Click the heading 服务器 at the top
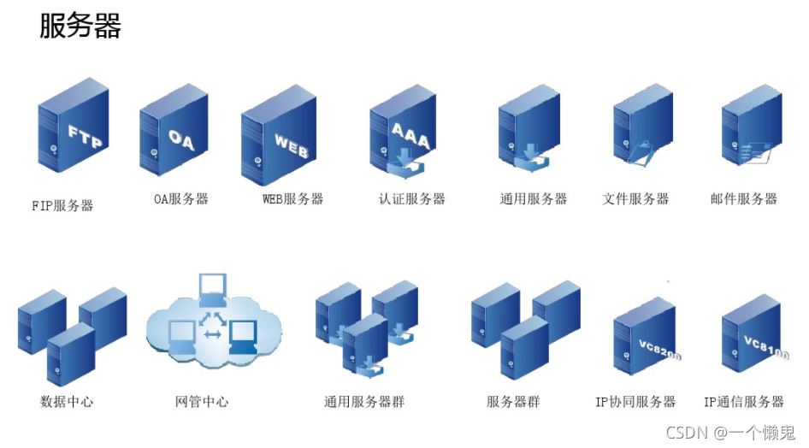[x=80, y=26]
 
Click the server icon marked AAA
[x=401, y=133]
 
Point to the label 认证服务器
[x=412, y=199]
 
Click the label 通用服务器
[x=534, y=199]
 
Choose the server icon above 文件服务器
[x=643, y=130]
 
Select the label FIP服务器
[x=62, y=206]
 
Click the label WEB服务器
[x=293, y=199]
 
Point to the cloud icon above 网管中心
[x=213, y=324]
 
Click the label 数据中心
[x=66, y=402]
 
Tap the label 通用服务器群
[x=364, y=402]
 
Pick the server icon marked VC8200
[x=645, y=339]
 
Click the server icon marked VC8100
[x=753, y=336]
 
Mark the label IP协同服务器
[x=635, y=402]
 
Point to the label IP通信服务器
[x=744, y=402]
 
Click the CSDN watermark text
[x=730, y=433]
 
